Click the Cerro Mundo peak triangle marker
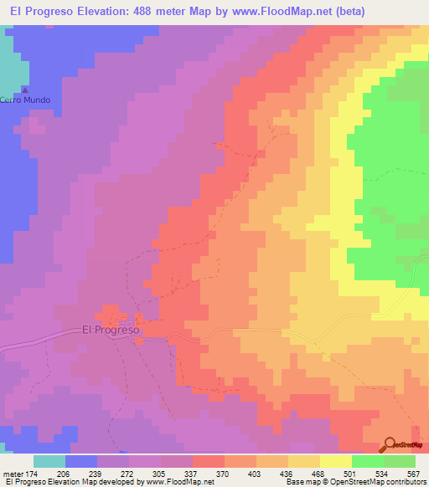tap(25, 90)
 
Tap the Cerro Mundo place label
tap(25, 100)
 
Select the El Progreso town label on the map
tap(111, 329)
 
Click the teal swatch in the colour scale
tap(49, 461)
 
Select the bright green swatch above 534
tap(367, 461)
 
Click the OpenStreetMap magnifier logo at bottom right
tap(389, 444)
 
